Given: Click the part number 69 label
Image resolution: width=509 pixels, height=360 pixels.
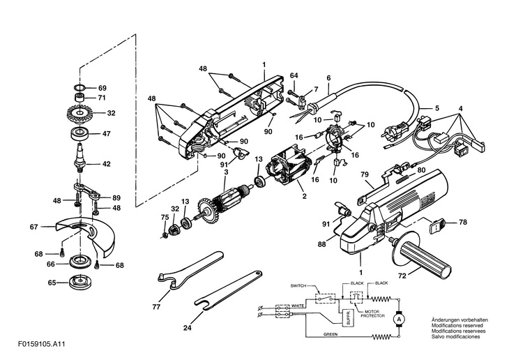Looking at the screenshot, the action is [x=102, y=88].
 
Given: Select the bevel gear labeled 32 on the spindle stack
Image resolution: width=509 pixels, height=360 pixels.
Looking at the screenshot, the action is [x=78, y=114].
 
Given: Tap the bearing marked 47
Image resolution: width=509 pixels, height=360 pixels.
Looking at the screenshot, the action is [x=79, y=134].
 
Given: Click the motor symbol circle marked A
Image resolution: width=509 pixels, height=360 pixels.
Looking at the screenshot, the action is [x=400, y=319].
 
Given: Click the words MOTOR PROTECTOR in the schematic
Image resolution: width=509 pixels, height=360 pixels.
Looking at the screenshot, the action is [x=372, y=313].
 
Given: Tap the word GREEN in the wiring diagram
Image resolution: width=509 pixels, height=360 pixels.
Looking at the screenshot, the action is [x=331, y=334].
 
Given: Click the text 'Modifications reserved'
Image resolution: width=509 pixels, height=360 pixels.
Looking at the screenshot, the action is [x=457, y=325].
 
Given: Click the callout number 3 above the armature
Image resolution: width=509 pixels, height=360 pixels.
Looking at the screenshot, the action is [x=226, y=171].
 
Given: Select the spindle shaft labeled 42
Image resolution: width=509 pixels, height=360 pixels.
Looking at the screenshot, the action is [x=79, y=158].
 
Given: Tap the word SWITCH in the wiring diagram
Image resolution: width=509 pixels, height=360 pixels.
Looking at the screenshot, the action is [x=298, y=286].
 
